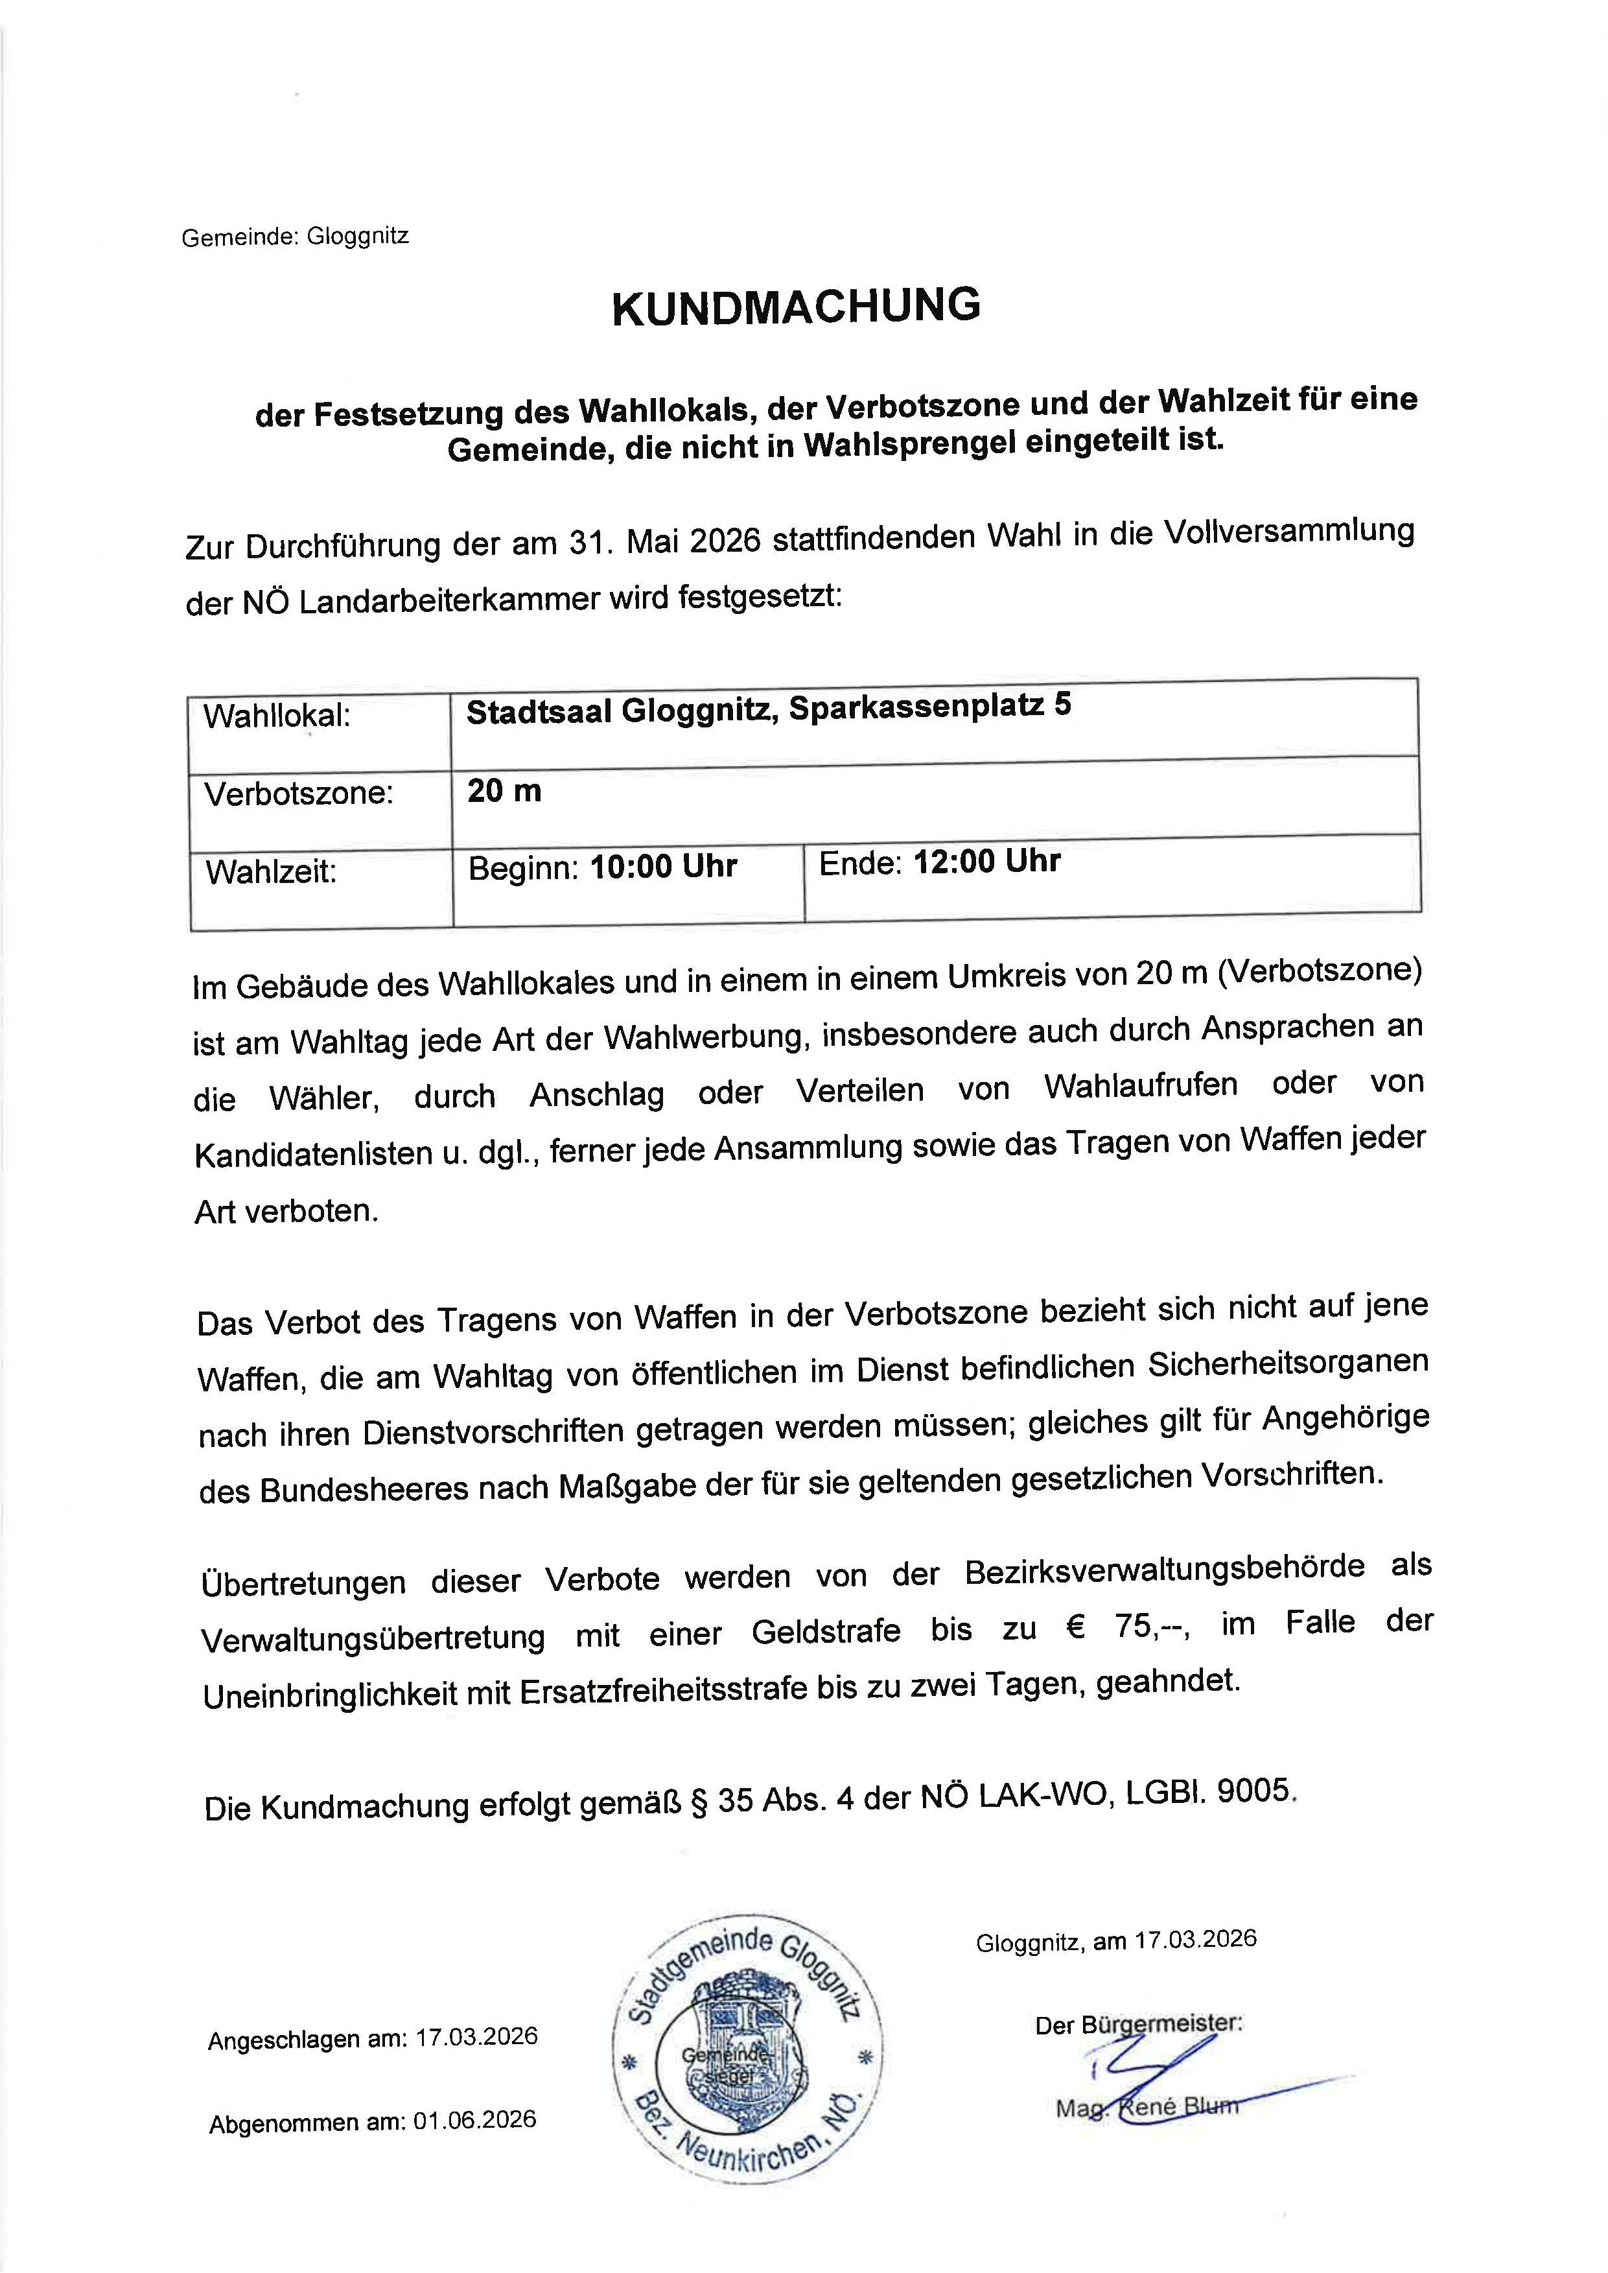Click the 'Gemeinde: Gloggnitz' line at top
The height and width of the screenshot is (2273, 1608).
click(x=295, y=237)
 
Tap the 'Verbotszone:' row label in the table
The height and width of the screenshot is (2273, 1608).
click(x=299, y=794)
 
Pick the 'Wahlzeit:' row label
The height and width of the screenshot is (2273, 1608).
click(x=272, y=871)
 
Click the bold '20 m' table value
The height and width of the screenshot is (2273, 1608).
click(x=504, y=790)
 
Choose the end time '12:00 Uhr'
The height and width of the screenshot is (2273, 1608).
click(x=986, y=862)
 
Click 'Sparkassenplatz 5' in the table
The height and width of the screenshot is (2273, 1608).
click(x=930, y=708)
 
